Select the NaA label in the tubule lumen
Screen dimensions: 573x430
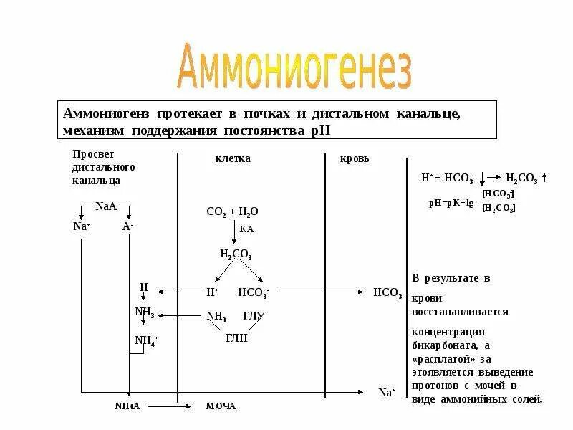105,206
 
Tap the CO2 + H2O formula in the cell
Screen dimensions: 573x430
232,211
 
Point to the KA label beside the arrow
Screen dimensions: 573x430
246,229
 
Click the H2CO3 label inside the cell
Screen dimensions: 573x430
236,254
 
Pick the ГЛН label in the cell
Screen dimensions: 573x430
236,338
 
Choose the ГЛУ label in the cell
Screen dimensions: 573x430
254,316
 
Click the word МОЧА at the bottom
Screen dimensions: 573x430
221,406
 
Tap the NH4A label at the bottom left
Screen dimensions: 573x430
128,406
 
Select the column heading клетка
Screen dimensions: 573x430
233,158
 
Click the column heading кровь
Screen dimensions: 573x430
354,158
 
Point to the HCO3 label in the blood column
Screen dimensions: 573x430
387,292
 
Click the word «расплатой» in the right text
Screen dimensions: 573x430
440,358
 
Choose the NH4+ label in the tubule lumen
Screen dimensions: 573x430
146,340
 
